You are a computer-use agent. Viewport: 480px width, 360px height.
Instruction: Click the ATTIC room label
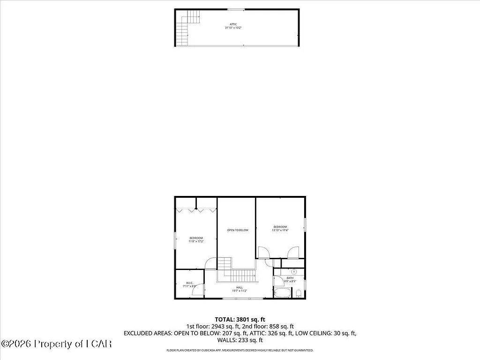[x=233, y=24]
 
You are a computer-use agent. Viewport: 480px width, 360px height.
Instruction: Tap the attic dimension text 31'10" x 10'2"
[x=233, y=28]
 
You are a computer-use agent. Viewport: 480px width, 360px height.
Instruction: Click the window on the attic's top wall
[x=235, y=9]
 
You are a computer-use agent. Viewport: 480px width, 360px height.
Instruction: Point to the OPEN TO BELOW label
[x=238, y=230]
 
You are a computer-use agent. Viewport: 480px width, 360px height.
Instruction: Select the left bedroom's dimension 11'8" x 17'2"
[x=196, y=241]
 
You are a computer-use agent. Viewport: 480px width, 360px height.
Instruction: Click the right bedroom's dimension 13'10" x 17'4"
[x=280, y=230]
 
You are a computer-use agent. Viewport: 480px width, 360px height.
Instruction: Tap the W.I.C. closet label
[x=189, y=283]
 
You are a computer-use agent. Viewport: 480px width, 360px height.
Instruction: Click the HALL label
[x=239, y=287]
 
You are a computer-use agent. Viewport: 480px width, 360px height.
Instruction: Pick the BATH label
[x=290, y=278]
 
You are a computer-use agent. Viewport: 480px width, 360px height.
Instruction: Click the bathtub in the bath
[x=282, y=293]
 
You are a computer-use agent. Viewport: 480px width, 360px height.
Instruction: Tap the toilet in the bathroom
[x=299, y=293]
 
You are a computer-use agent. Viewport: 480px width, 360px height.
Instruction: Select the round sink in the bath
[x=294, y=271]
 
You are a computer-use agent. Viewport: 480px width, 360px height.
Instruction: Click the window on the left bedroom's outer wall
[x=175, y=240]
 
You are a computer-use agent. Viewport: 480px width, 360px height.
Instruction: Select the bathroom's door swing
[x=277, y=281]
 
